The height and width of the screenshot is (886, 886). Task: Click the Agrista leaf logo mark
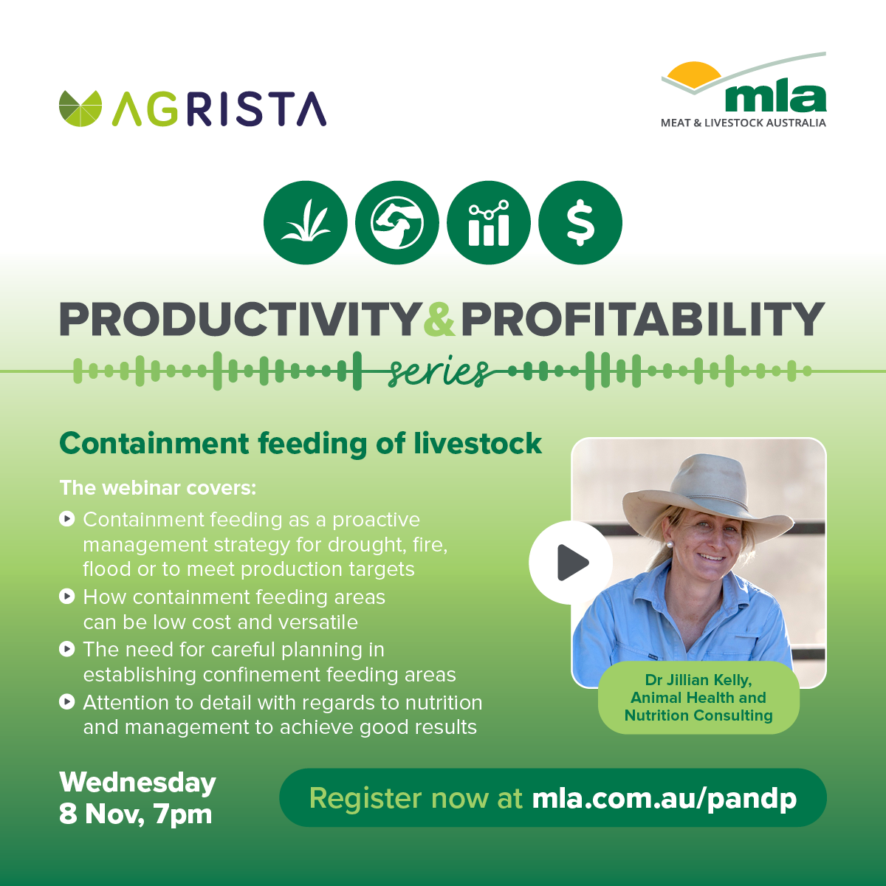80,109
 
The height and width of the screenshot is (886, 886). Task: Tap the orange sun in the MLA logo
694,75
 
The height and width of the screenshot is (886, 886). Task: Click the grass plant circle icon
306,222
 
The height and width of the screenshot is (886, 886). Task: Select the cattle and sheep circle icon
397,222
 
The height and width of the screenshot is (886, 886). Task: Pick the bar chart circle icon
489,222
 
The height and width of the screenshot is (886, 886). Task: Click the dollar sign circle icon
580,222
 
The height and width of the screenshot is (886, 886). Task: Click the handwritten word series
438,372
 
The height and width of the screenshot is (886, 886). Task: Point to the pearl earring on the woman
670,545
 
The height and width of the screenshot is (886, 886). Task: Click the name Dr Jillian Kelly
698,680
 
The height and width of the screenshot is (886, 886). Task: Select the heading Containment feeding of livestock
301,444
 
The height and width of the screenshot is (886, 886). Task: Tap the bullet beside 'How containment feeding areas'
67,597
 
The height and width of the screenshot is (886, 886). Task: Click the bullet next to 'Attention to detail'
67,702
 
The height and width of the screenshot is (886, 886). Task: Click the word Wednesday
137,783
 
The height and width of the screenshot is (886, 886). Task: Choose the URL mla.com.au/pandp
664,799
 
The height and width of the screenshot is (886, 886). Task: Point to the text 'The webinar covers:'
158,488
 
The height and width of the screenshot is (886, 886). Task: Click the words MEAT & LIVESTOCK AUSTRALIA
744,123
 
